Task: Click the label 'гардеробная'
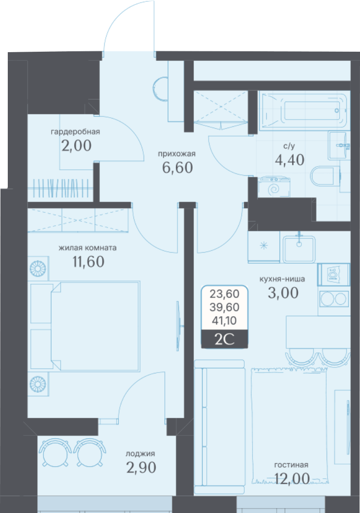(75, 132)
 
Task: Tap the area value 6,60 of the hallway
(177, 167)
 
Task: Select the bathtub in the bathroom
(304, 111)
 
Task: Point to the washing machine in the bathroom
(274, 187)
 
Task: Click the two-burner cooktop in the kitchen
(333, 299)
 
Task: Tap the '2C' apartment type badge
(224, 339)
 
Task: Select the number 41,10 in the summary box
(224, 321)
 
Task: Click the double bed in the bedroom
(95, 326)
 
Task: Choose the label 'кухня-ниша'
(282, 279)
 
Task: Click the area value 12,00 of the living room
(292, 479)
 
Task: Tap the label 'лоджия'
(140, 454)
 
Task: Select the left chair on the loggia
(55, 453)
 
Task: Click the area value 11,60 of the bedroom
(88, 261)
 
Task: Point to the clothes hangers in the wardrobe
(61, 188)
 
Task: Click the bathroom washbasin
(339, 146)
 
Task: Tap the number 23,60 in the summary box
(224, 294)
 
